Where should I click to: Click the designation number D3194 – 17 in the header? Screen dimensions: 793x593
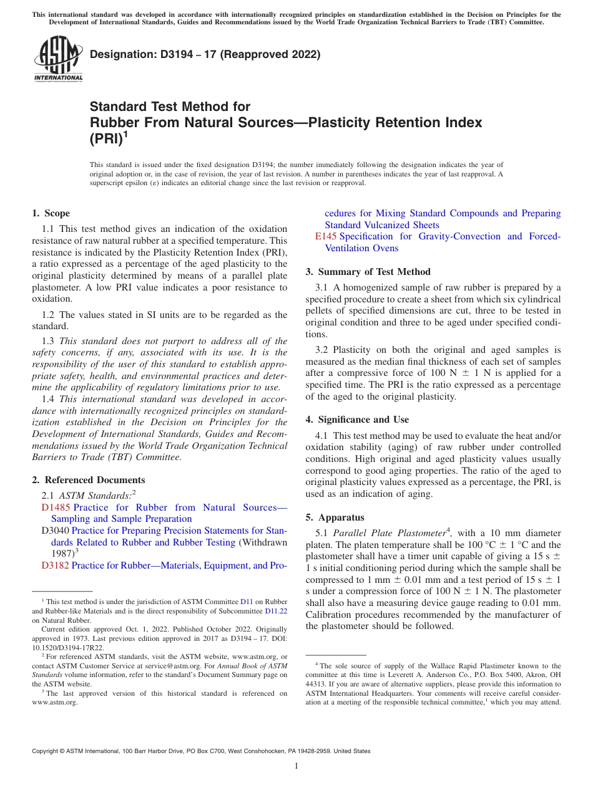click(205, 54)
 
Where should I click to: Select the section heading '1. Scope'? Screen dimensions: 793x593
click(51, 213)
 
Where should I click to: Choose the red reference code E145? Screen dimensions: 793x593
click(326, 236)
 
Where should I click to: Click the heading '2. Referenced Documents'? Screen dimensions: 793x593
click(89, 480)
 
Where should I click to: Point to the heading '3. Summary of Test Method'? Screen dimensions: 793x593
click(368, 272)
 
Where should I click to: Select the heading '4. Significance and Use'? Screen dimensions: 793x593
click(357, 420)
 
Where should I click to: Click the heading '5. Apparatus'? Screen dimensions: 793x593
click(335, 517)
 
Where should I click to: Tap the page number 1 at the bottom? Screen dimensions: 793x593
click(296, 766)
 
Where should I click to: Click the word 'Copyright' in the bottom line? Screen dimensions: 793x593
click(47, 751)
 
